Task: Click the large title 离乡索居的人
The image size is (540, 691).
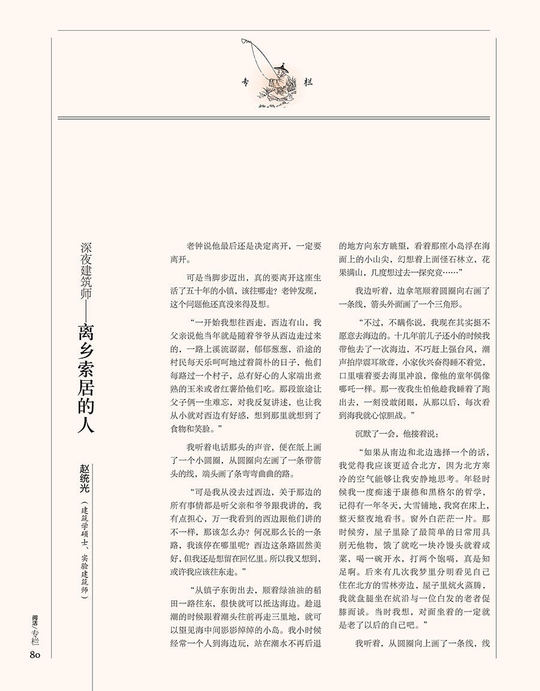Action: pos(84,379)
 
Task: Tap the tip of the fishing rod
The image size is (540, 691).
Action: pos(243,41)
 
